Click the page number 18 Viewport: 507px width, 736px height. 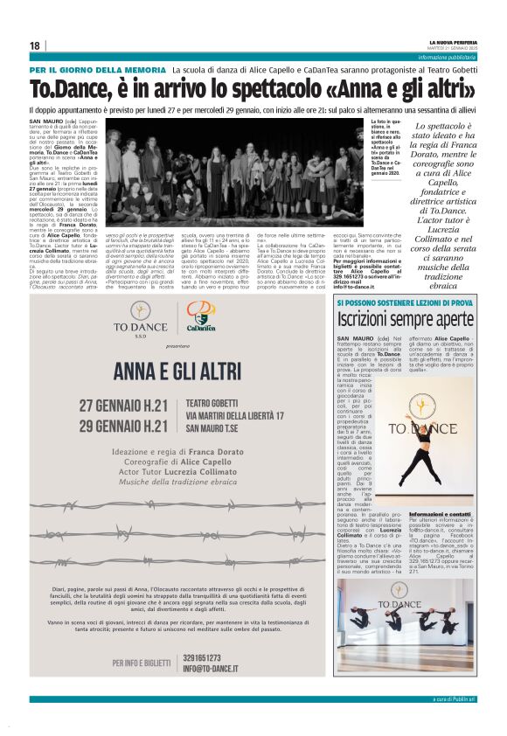coord(35,45)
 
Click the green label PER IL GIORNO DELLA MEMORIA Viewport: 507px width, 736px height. coord(85,69)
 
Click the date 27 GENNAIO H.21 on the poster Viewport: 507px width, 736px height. coord(135,406)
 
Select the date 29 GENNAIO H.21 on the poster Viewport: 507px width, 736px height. coord(135,426)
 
